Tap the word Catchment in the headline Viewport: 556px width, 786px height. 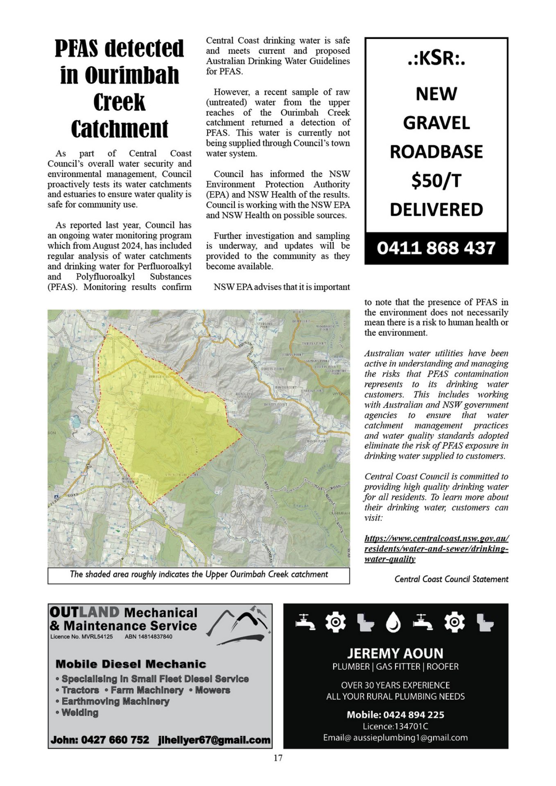119,129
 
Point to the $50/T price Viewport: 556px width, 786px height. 436,181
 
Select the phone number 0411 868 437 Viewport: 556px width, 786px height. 436,248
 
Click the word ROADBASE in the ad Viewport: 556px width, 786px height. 436,152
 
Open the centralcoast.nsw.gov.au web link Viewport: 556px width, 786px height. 436,549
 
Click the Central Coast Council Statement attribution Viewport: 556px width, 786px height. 451,579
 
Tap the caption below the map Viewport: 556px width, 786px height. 199,574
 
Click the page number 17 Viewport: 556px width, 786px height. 278,758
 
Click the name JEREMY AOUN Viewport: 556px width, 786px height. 395,653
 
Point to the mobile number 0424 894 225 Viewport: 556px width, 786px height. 414,715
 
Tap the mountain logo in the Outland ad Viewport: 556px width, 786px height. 238,623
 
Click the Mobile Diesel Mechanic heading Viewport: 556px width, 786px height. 131,664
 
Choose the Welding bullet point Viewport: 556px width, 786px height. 80,713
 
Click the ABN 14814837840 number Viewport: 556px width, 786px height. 149,637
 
